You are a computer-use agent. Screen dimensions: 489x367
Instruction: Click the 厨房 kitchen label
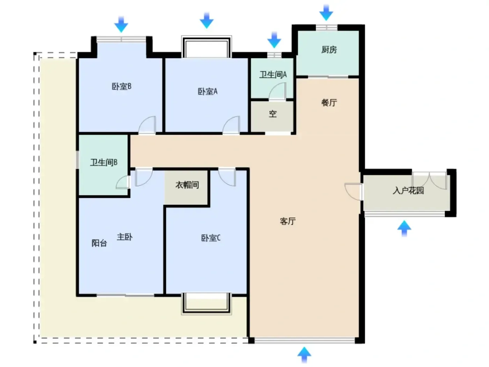pos(329,50)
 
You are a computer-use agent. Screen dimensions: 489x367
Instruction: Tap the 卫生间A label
pos(273,75)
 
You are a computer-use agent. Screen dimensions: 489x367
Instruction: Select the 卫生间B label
pos(104,163)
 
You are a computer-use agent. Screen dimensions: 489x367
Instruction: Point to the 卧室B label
pos(122,86)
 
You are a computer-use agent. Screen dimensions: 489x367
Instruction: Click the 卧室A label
pos(207,91)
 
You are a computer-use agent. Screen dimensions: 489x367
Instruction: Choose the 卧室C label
pos(211,238)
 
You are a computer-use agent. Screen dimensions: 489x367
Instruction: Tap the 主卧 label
pos(125,237)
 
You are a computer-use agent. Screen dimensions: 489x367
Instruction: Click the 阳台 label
pos(99,243)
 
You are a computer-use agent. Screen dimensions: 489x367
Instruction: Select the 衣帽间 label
pos(187,185)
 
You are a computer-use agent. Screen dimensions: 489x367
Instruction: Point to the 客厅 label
pos(287,221)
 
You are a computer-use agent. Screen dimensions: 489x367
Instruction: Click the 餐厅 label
pos(329,103)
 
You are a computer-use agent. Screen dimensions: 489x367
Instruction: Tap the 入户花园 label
pos(408,190)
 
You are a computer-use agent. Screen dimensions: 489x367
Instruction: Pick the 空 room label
pos(273,114)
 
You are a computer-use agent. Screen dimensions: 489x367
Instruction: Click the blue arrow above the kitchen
pos(326,13)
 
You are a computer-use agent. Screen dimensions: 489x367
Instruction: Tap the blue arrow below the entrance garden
pos(404,228)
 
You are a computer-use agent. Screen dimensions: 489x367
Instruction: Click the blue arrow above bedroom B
pos(121,24)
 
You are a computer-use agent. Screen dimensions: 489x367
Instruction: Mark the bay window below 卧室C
pos(206,303)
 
